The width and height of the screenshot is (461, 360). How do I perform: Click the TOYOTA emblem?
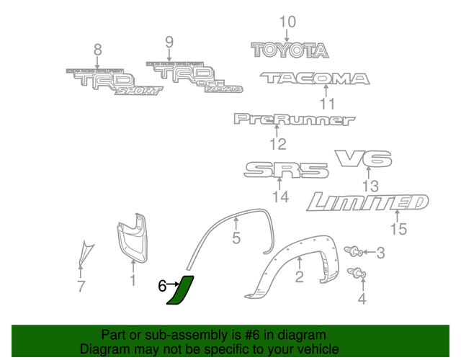[x=290, y=50]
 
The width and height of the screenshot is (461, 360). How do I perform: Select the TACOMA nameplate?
[x=315, y=78]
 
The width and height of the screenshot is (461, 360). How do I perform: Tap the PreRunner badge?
[x=294, y=119]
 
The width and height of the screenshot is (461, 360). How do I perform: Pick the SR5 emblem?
[x=286, y=171]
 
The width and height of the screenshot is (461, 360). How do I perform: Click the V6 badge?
[x=363, y=158]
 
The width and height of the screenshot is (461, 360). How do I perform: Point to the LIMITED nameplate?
[x=367, y=202]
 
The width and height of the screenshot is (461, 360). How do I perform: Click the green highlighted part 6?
[x=179, y=292]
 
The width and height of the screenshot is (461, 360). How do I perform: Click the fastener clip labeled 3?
[x=353, y=251]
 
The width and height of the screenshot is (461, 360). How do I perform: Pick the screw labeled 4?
[x=357, y=274]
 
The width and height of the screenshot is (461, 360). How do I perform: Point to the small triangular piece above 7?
[x=85, y=251]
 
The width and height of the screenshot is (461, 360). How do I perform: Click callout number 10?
[x=287, y=22]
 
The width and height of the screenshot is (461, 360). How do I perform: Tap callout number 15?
[x=398, y=230]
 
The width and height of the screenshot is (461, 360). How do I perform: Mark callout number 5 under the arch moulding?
[x=236, y=238]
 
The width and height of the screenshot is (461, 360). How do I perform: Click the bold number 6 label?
[x=163, y=286]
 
